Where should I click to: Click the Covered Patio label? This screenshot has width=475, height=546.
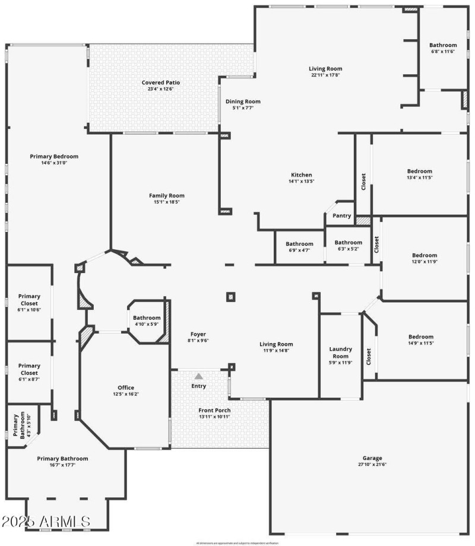pyautogui.click(x=160, y=82)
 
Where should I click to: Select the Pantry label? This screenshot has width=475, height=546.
pyautogui.click(x=342, y=216)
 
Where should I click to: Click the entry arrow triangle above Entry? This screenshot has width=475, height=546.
pyautogui.click(x=199, y=376)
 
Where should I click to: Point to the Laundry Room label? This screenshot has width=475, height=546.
pyautogui.click(x=341, y=353)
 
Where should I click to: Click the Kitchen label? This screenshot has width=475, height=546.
pyautogui.click(x=301, y=174)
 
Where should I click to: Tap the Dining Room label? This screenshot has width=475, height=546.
pyautogui.click(x=243, y=101)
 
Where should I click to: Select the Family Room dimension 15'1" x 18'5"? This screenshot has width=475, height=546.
pyautogui.click(x=166, y=202)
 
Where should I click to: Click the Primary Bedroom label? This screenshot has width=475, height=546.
pyautogui.click(x=54, y=157)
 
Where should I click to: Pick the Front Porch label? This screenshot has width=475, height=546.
pyautogui.click(x=214, y=410)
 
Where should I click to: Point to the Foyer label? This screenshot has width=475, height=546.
pyautogui.click(x=198, y=334)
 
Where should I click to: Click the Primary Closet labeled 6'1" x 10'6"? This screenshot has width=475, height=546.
pyautogui.click(x=29, y=300)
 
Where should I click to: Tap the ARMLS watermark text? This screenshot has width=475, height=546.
pyautogui.click(x=46, y=522)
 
